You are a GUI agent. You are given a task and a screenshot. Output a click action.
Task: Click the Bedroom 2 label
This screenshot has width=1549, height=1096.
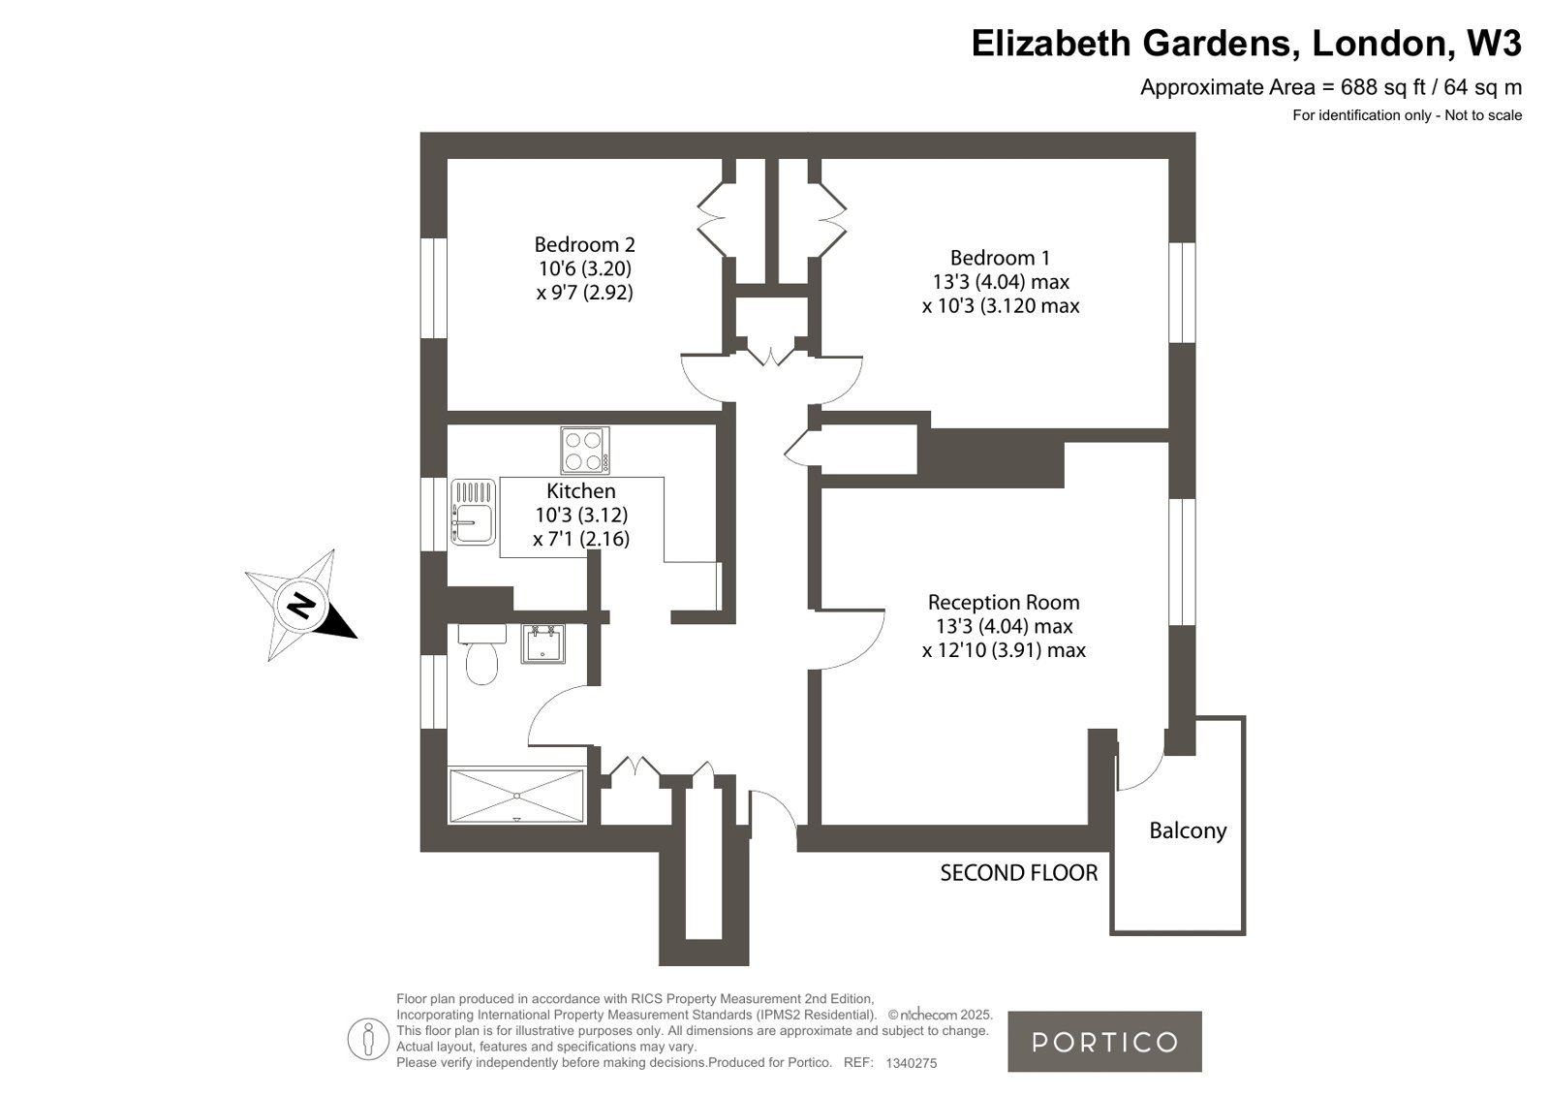[x=584, y=244]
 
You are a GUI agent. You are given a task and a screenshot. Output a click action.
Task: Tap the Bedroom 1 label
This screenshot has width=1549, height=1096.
[x=1000, y=258]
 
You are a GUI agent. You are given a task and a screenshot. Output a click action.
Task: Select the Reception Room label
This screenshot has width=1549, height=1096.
[x=1004, y=602]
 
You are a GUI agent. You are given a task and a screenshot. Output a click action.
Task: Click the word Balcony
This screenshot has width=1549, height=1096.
[x=1188, y=830]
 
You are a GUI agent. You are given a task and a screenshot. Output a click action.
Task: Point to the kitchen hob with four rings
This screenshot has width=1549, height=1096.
[x=585, y=451]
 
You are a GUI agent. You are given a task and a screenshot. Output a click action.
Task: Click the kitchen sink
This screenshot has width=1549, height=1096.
[x=473, y=512]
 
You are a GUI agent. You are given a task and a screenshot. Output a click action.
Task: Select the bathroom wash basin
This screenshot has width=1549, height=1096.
[x=542, y=643]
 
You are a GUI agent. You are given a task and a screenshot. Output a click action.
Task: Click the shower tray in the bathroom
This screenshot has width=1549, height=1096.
[x=516, y=796]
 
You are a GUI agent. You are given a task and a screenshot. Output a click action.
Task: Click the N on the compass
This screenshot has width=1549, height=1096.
[x=301, y=606]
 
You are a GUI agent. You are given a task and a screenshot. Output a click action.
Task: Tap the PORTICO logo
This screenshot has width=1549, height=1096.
[x=1104, y=1042]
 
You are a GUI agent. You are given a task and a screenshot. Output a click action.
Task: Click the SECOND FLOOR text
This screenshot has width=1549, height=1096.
[x=1018, y=873]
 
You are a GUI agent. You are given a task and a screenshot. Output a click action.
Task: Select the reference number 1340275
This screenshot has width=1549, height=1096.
[x=911, y=1063]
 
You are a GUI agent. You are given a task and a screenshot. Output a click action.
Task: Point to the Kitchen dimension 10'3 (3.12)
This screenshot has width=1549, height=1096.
[x=581, y=515]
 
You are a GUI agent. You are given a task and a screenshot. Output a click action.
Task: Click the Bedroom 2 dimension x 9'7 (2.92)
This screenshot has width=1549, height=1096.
[x=584, y=292]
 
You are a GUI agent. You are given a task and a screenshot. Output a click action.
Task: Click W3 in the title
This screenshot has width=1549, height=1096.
[x=1494, y=43]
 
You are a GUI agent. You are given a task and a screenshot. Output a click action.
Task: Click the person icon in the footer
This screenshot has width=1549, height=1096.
[x=368, y=1039]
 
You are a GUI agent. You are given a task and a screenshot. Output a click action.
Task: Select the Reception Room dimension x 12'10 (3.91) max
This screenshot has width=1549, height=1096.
[x=1004, y=649]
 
